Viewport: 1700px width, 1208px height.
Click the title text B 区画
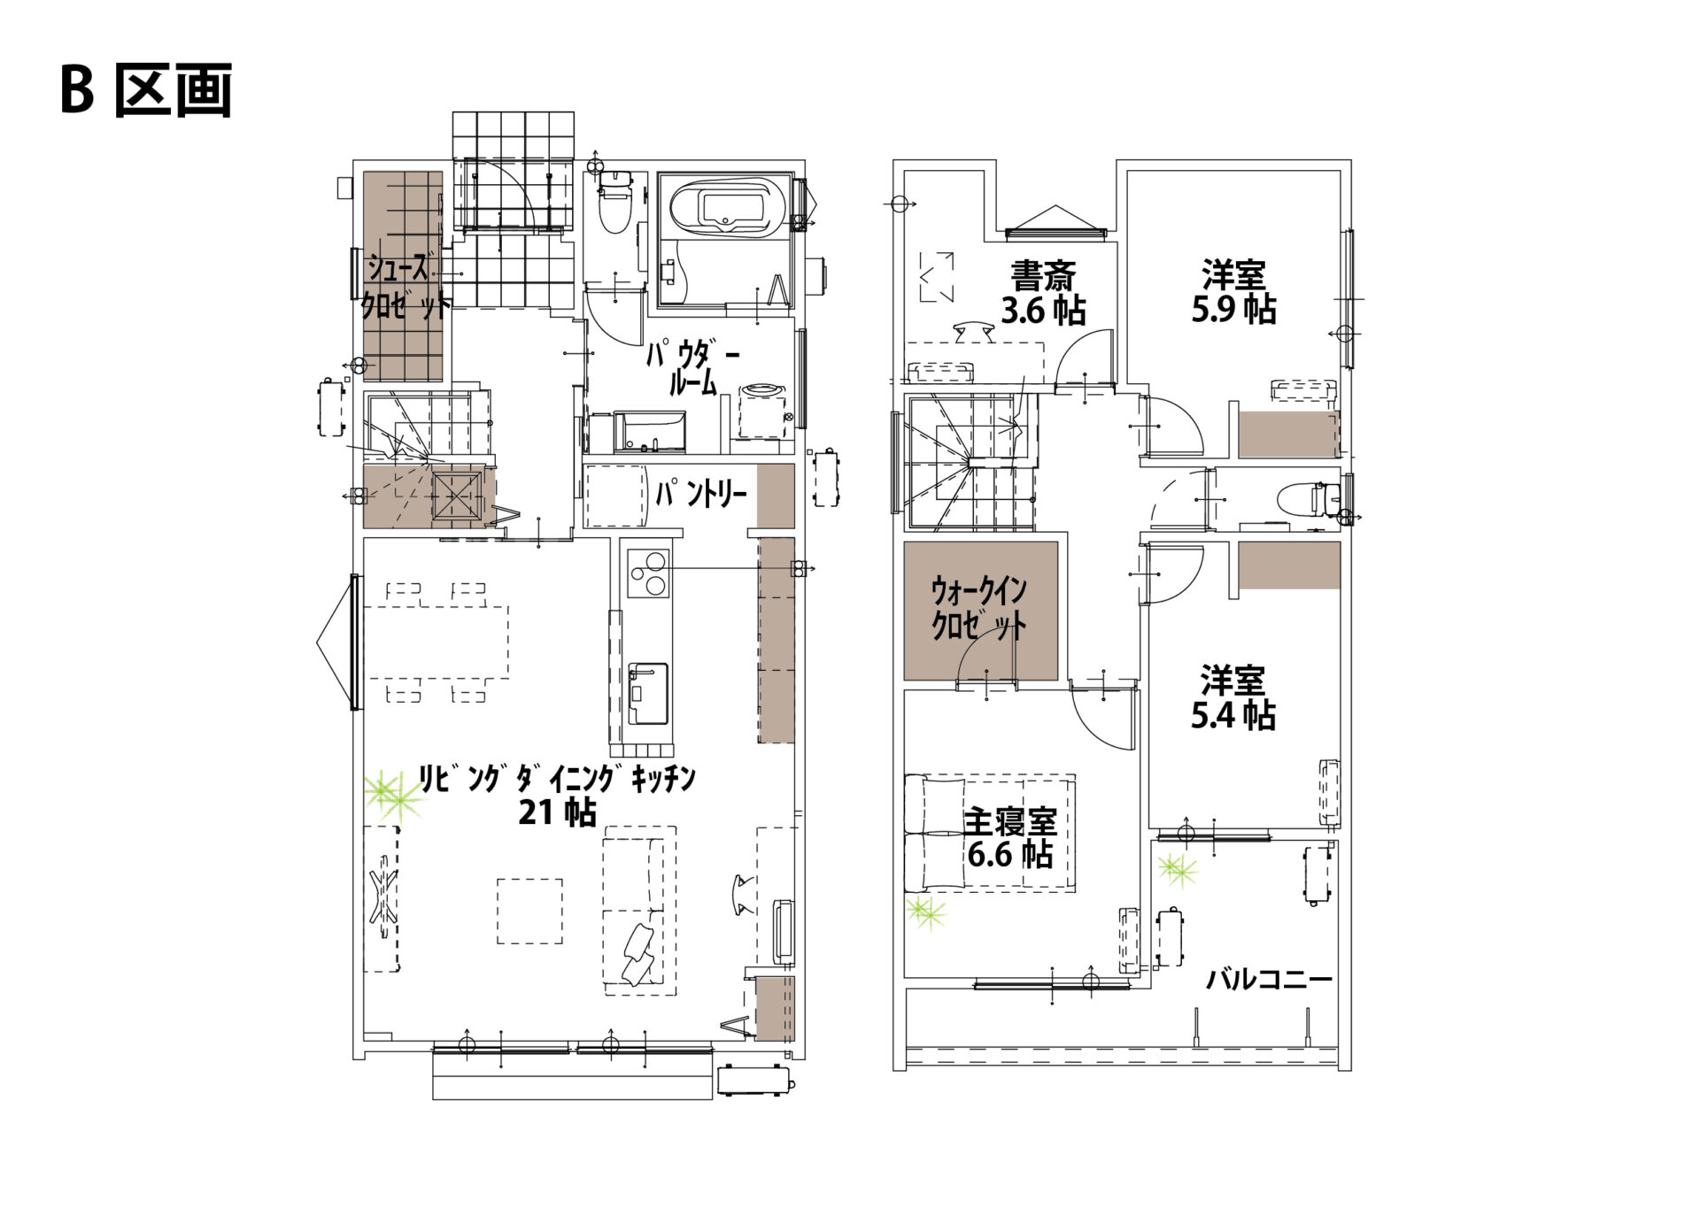click(x=147, y=90)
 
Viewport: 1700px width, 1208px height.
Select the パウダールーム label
click(x=692, y=368)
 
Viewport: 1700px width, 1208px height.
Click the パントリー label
click(x=700, y=494)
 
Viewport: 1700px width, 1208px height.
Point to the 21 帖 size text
click(x=557, y=812)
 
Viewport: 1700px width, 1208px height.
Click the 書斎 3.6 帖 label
click(x=1043, y=293)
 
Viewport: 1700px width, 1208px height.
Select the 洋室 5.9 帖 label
click(x=1233, y=292)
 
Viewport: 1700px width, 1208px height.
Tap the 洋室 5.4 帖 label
click(x=1232, y=697)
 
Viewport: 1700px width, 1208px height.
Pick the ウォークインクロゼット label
click(x=979, y=608)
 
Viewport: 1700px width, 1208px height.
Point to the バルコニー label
click(x=1270, y=979)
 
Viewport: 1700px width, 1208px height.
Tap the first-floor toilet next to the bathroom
click(x=613, y=202)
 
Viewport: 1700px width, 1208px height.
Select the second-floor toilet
click(x=1309, y=499)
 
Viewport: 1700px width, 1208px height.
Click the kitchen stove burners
click(x=648, y=573)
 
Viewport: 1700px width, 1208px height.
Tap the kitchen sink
click(x=648, y=693)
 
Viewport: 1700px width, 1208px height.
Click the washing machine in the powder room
click(x=762, y=410)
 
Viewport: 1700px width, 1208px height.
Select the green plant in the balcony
click(x=1178, y=870)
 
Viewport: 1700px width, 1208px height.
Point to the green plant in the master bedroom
click(x=926, y=912)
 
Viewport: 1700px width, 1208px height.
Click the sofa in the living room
click(x=639, y=911)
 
